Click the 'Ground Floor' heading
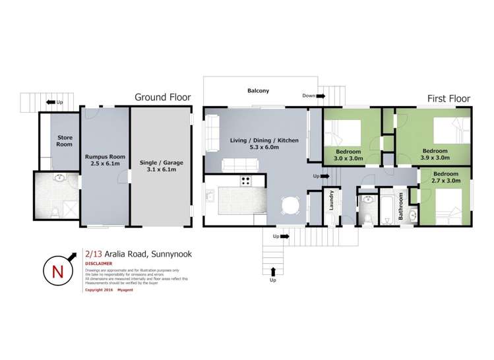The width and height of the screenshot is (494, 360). pyautogui.click(x=162, y=98)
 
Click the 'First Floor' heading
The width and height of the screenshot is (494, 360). pyautogui.click(x=448, y=99)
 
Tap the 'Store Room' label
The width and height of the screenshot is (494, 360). pyautogui.click(x=64, y=140)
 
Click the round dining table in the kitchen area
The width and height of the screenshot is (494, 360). pyautogui.click(x=290, y=206)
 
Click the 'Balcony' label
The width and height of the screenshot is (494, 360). pyautogui.click(x=258, y=90)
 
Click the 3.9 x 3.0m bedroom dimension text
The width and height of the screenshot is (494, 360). pyautogui.click(x=435, y=158)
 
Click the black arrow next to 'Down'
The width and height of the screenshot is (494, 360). pyautogui.click(x=321, y=96)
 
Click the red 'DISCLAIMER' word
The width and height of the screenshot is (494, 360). pyautogui.click(x=99, y=262)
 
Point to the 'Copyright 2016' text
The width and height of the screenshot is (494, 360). pyautogui.click(x=99, y=289)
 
